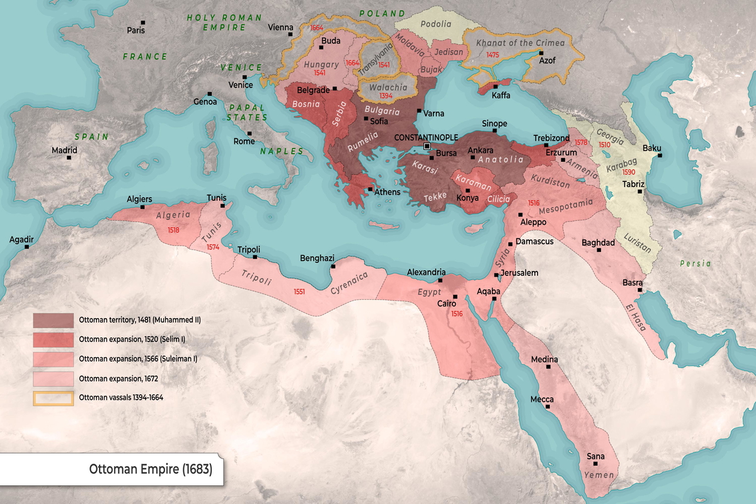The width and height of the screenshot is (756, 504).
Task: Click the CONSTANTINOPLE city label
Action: pyautogui.click(x=426, y=137)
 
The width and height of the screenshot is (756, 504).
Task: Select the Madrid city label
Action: pyautogui.click(x=64, y=150)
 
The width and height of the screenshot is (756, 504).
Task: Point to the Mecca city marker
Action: pyautogui.click(x=547, y=407)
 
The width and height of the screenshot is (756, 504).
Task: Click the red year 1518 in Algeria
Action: pyautogui.click(x=174, y=230)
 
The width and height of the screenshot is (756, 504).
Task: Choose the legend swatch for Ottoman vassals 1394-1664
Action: pyautogui.click(x=53, y=398)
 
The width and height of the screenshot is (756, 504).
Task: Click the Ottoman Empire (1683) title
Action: pyautogui.click(x=151, y=469)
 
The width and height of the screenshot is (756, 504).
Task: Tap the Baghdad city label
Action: pyautogui.click(x=598, y=242)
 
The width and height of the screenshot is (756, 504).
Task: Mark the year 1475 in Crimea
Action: pyautogui.click(x=493, y=55)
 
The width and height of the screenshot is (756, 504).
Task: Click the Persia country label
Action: pyautogui.click(x=696, y=263)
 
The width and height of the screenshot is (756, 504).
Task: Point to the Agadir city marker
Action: pyautogui.click(x=26, y=247)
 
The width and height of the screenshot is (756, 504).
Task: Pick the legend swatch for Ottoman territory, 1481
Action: pyautogui.click(x=53, y=320)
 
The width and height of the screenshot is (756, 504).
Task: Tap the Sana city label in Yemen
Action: pyautogui.click(x=595, y=456)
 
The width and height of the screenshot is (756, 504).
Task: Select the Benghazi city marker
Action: pyautogui.click(x=333, y=266)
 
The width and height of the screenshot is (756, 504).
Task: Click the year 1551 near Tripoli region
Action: pyautogui.click(x=299, y=292)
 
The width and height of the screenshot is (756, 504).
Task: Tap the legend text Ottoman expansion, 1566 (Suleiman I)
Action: pyautogui.click(x=139, y=359)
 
